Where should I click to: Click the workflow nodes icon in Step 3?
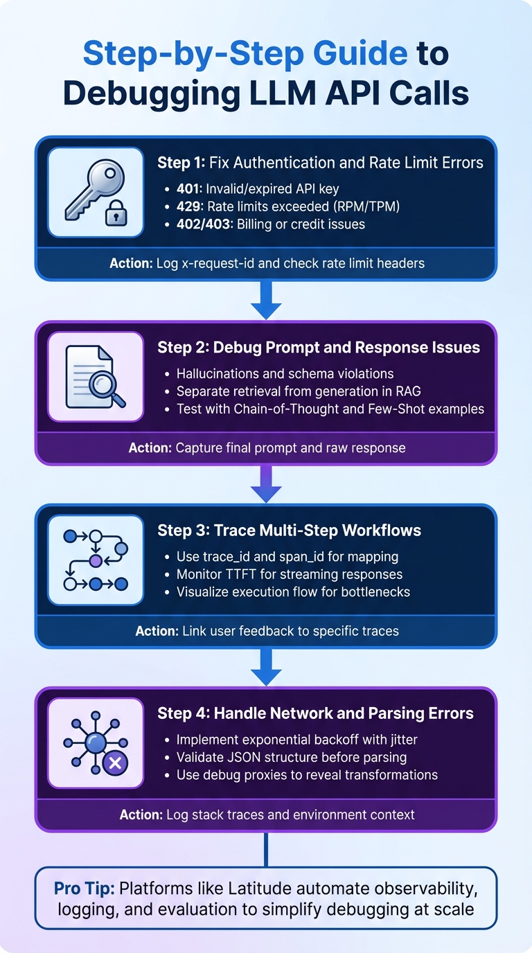click(96, 560)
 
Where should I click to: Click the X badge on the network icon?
click(115, 764)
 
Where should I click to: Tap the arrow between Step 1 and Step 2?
click(266, 301)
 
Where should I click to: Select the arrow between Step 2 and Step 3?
click(266, 483)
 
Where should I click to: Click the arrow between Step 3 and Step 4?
click(266, 666)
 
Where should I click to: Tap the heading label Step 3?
click(184, 531)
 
